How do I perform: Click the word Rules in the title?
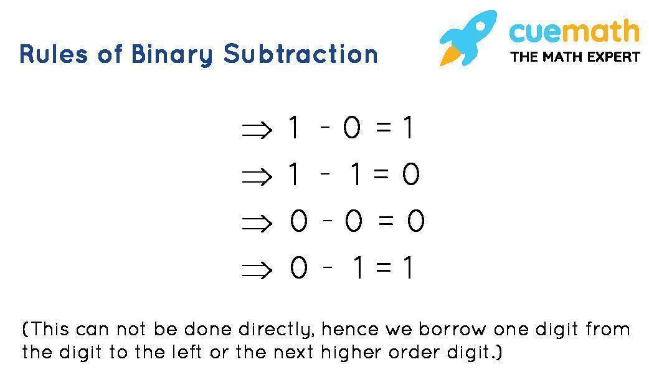(x=54, y=54)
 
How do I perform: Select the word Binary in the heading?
(x=172, y=55)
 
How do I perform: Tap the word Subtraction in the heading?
(x=301, y=54)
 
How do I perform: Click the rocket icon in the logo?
(x=468, y=38)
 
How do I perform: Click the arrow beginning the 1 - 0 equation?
(x=257, y=129)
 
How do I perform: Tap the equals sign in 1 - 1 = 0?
(x=381, y=174)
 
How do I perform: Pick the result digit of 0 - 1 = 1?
(x=409, y=268)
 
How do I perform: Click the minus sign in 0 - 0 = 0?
(x=328, y=220)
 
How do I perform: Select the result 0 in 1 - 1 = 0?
(x=410, y=174)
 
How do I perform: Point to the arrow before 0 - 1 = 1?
(x=257, y=270)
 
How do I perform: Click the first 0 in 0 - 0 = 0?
(x=298, y=221)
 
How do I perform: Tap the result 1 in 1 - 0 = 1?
(x=409, y=128)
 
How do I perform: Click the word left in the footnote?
(x=189, y=352)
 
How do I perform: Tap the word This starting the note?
(x=49, y=329)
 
